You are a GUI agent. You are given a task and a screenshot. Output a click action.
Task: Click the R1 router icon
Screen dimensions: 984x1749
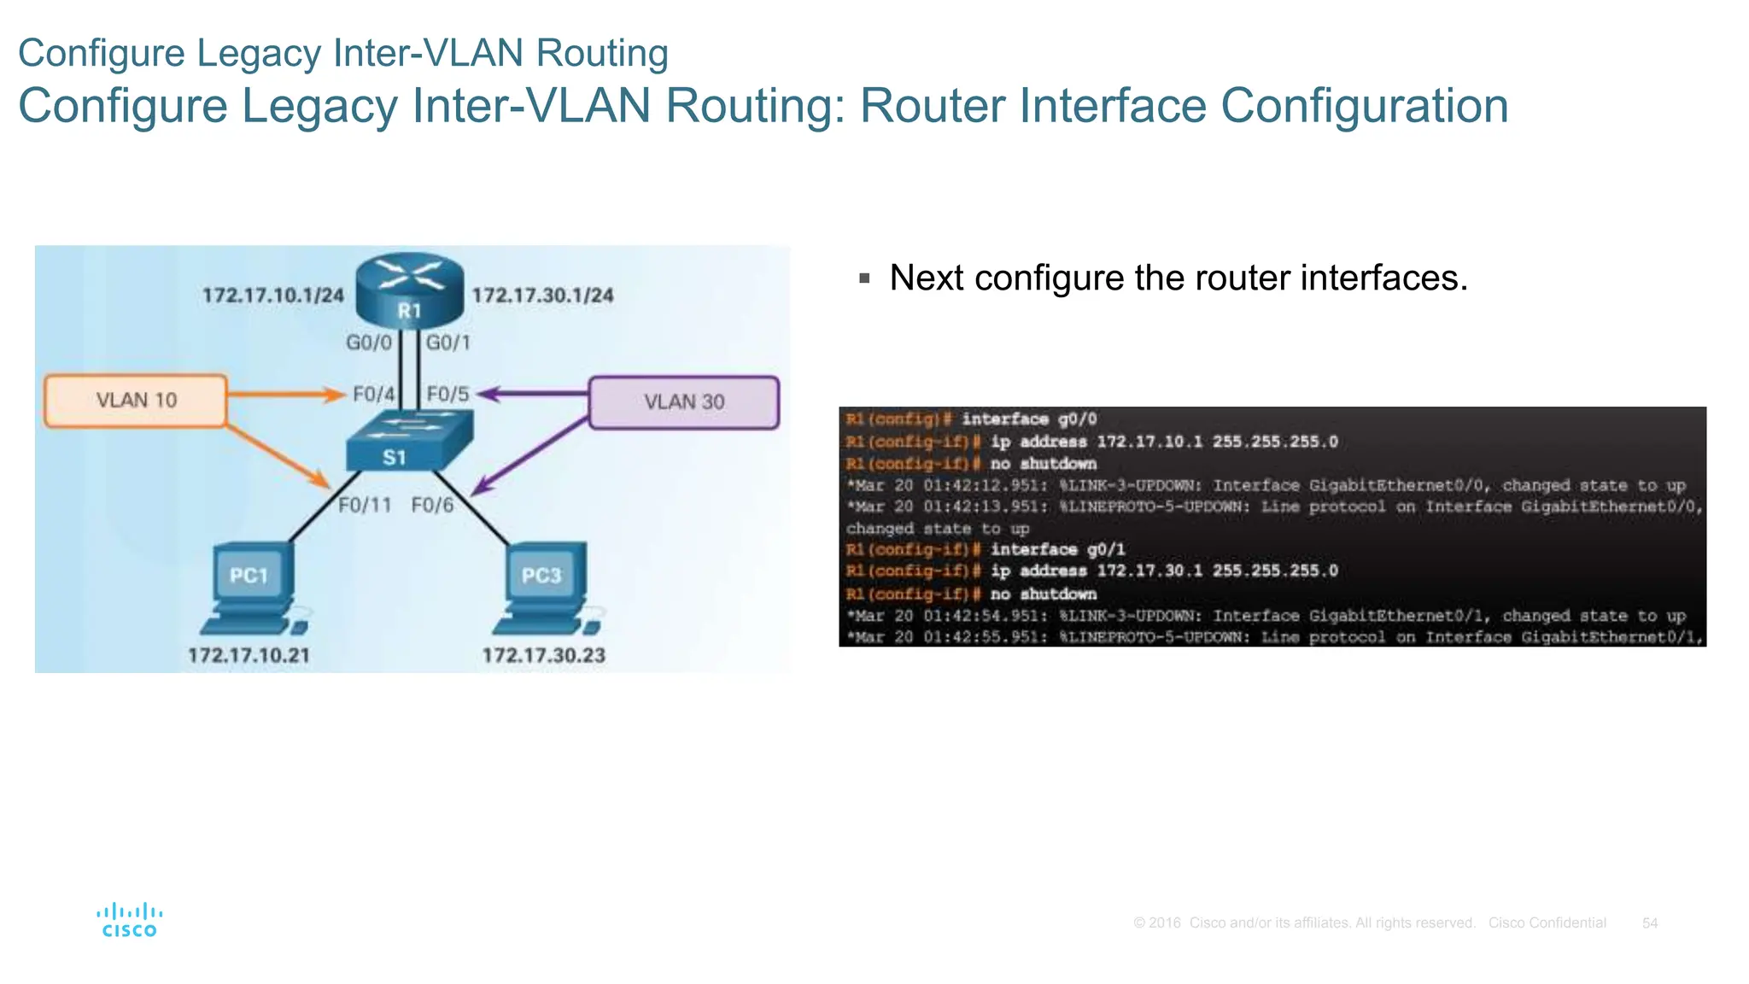[x=409, y=290]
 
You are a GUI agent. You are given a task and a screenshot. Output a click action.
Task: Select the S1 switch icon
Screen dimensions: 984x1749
[x=408, y=441]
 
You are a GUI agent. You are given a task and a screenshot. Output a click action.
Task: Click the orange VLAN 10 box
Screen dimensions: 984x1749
[x=136, y=401]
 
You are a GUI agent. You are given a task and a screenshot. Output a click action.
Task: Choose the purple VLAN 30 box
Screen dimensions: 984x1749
[x=683, y=402]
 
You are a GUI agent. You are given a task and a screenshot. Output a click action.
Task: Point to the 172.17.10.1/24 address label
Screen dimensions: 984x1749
[x=272, y=296]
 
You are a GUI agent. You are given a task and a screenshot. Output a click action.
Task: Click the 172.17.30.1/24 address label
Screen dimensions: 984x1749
[x=542, y=296]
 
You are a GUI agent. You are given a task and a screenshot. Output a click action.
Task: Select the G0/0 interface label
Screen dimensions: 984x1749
[x=368, y=343]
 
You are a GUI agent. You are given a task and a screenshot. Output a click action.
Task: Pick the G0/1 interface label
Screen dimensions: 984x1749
[x=448, y=343]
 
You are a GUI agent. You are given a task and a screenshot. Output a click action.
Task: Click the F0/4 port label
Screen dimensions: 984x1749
[x=374, y=395]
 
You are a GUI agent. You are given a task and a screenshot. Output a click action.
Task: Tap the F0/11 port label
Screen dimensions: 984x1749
[x=365, y=506]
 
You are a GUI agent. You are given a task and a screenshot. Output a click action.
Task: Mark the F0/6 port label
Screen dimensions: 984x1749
[x=433, y=506]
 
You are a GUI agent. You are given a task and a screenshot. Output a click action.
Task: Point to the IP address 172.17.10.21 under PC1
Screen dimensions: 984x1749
[x=249, y=656]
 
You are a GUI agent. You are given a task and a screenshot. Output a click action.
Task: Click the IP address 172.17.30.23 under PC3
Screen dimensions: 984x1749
[x=543, y=656]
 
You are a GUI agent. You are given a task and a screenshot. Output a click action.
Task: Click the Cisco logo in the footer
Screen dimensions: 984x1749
[x=130, y=920]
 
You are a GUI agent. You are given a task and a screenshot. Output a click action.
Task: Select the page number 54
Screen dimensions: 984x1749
[x=1650, y=923]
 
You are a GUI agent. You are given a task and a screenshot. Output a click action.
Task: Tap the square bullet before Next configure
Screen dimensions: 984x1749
[x=864, y=278]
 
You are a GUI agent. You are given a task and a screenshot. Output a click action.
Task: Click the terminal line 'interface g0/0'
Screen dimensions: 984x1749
[x=1029, y=419]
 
